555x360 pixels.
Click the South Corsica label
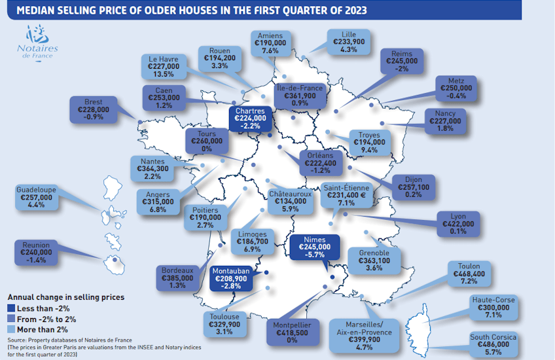coord(493,345)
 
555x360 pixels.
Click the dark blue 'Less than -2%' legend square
coord(10,308)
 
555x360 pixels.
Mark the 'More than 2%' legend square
coord(10,329)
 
